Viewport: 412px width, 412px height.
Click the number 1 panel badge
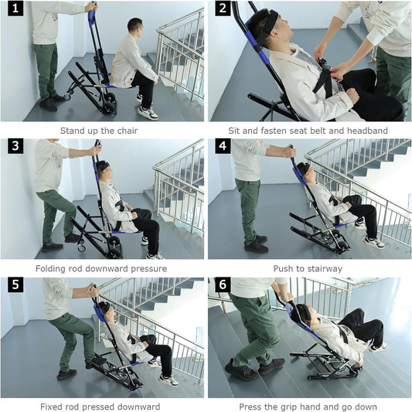15,9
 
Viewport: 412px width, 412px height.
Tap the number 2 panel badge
223,9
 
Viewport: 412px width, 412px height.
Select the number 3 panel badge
15,146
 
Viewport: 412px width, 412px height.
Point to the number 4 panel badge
223,146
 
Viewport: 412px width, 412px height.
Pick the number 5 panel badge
15,284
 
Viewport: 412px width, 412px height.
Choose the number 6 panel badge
223,284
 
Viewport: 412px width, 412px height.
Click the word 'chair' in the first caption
128,131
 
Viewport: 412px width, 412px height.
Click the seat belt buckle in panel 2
324,63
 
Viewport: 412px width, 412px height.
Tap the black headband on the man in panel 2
271,22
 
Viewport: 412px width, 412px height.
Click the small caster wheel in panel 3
81,248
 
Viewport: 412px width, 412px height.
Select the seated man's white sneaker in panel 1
148,113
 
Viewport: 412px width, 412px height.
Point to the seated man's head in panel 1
135,28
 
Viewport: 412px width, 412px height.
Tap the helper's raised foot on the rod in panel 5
96,362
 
